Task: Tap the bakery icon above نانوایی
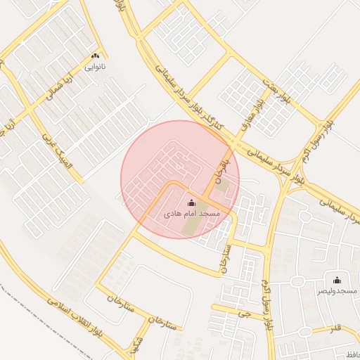95,56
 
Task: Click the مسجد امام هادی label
192,212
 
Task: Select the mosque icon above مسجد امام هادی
192,202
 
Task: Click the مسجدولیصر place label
336,290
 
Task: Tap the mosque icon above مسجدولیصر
336,280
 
